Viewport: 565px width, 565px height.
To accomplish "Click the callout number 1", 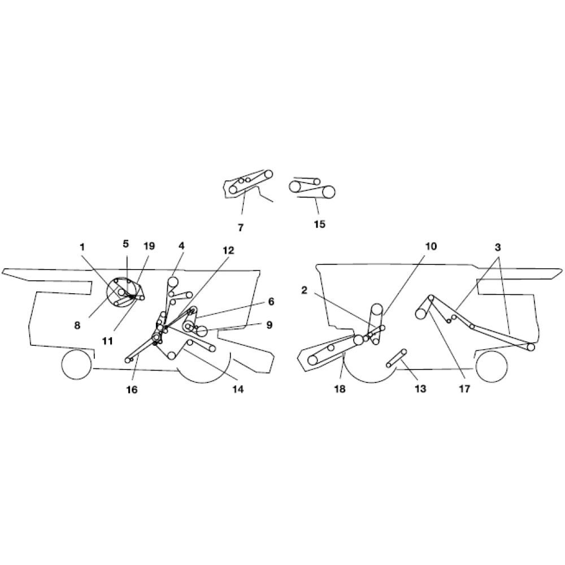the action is point(82,247).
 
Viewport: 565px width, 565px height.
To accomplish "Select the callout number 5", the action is point(125,244).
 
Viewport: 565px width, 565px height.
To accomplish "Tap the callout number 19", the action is point(149,246).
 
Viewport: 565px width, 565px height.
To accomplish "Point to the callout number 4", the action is point(181,246).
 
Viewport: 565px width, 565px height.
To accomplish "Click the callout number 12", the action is point(228,250).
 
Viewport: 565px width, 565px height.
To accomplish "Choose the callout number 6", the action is point(271,301).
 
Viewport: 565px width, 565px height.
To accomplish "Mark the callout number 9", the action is point(269,325).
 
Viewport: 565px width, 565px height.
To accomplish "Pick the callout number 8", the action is point(77,325).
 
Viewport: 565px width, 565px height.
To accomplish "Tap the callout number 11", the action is point(108,341).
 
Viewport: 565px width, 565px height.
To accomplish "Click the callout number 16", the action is point(132,389).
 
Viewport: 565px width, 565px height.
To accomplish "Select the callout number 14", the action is point(238,389).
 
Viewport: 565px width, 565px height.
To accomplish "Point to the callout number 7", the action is point(241,227).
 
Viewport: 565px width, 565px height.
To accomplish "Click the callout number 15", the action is point(320,224).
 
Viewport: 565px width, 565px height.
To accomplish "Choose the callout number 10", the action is point(431,246).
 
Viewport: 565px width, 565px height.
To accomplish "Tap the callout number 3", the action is point(498,247).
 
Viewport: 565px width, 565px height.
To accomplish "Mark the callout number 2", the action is point(305,290).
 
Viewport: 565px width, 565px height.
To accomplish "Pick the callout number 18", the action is point(340,389).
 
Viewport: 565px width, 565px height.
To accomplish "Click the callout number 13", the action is point(420,389).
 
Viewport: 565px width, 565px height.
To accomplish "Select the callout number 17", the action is point(465,389).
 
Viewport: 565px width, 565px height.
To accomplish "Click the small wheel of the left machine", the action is point(77,364).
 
